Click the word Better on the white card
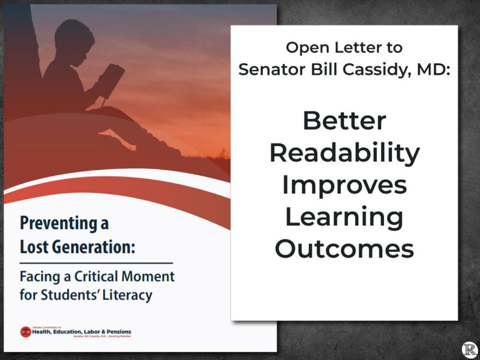click(x=344, y=121)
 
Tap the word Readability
click(x=344, y=153)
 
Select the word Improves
click(x=344, y=185)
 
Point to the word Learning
click(x=344, y=217)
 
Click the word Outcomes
click(x=344, y=249)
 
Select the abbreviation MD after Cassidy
click(x=432, y=70)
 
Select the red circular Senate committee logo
click(x=26, y=331)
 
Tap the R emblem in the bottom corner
click(x=469, y=349)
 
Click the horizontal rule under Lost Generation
click(x=96, y=263)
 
